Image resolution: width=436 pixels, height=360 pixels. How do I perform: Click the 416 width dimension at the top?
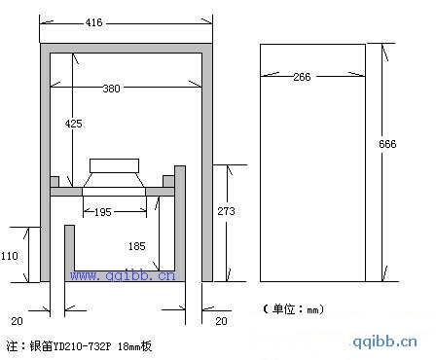tap(93, 22)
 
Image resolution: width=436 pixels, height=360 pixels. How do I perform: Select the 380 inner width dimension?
tap(111, 89)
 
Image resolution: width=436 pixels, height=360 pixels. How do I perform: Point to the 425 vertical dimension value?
tap(74, 124)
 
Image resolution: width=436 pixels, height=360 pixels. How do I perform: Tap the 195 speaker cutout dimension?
tap(103, 212)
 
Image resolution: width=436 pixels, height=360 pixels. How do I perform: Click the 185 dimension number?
tap(136, 246)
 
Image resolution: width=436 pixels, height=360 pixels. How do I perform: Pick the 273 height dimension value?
tap(226, 211)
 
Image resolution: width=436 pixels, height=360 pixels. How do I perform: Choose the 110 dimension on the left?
tap(10, 256)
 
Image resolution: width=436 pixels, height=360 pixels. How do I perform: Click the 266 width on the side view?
tap(302, 77)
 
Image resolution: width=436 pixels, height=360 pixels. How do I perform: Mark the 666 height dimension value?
tap(387, 144)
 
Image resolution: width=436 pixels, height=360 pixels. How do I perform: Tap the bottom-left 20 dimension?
tap(17, 321)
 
